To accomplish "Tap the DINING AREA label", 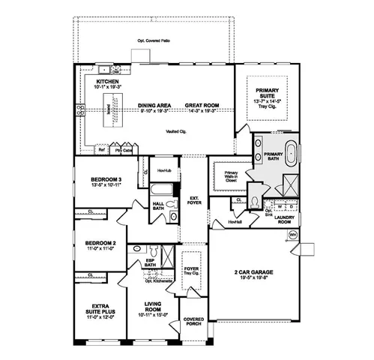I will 157,105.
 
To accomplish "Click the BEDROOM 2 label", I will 100,244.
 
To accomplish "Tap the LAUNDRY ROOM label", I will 284,220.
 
